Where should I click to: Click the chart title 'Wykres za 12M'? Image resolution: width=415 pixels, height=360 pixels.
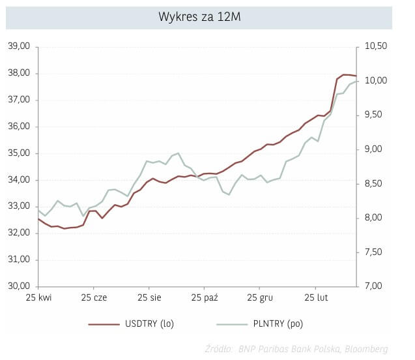coord(199,17)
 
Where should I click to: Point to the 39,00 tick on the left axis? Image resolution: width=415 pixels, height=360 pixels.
coord(20,46)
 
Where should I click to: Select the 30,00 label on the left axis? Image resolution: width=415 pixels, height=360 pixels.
coord(20,286)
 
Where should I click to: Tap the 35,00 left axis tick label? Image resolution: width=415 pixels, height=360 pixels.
coord(20,153)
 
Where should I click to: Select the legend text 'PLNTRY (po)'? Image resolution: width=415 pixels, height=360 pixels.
coord(278,323)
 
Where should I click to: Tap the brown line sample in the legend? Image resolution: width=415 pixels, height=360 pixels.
coord(104,323)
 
